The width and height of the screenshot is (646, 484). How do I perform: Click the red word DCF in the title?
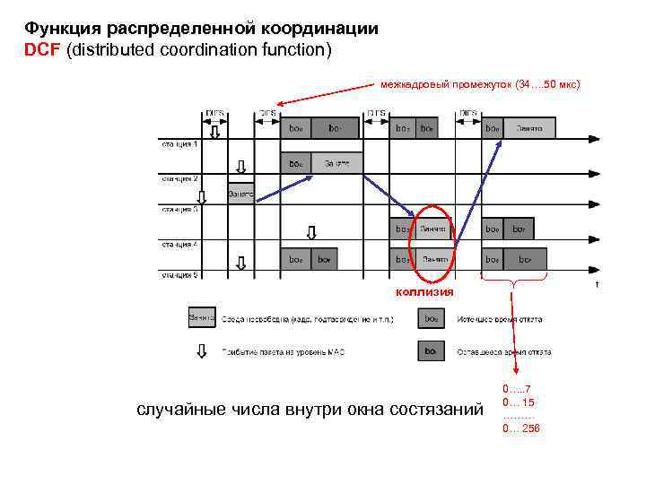pyautogui.click(x=42, y=49)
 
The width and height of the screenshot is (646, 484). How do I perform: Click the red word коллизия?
pyautogui.click(x=425, y=292)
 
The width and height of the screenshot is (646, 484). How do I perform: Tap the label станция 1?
pyautogui.click(x=179, y=143)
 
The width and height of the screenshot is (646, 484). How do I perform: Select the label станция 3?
pyautogui.click(x=179, y=210)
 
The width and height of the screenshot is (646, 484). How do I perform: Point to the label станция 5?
pyautogui.click(x=179, y=275)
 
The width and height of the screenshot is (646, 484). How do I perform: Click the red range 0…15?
pyautogui.click(x=519, y=402)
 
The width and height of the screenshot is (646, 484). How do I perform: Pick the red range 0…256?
pyautogui.click(x=521, y=428)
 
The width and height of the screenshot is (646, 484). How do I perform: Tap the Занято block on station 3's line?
pyautogui.click(x=240, y=192)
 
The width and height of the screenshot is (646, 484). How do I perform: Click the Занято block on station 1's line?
pyautogui.click(x=529, y=128)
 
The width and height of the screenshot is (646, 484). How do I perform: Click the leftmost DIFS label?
pyautogui.click(x=215, y=113)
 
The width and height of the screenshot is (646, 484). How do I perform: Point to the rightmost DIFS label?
pyautogui.click(x=468, y=113)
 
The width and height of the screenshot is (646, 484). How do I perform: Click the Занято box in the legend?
pyautogui.click(x=200, y=317)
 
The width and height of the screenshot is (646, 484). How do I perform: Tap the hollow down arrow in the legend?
pyautogui.click(x=200, y=350)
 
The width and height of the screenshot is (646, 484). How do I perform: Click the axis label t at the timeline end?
pyautogui.click(x=597, y=285)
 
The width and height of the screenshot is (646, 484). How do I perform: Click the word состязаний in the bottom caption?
pyautogui.click(x=436, y=410)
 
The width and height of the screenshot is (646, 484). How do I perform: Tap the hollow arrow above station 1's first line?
pyautogui.click(x=214, y=131)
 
